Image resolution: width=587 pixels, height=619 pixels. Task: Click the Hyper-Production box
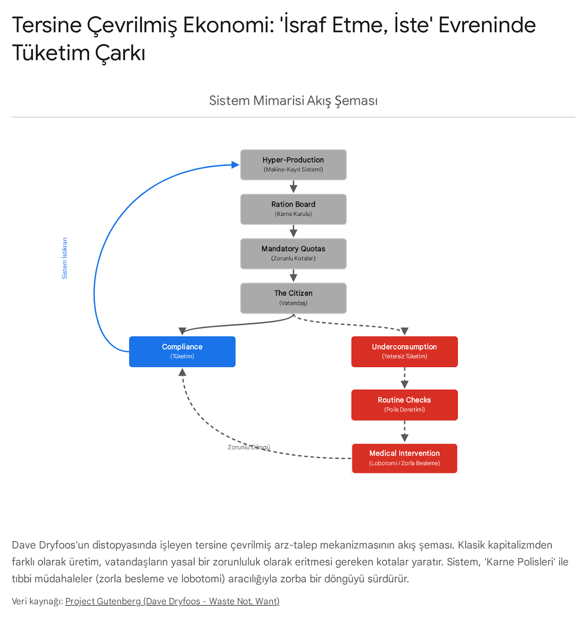pos(293,165)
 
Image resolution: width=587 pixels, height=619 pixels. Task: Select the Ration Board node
pos(293,209)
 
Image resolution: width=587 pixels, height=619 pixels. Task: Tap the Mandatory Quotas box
pos(293,254)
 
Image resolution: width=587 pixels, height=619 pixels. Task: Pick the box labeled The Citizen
pos(293,298)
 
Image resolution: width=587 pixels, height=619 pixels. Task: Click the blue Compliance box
pos(182,352)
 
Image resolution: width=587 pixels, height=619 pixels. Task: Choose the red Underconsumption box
pos(404,352)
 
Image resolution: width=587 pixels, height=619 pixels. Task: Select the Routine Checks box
pos(404,405)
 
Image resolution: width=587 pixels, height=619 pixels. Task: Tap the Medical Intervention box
pos(404,458)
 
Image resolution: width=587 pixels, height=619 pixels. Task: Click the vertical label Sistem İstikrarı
pos(65,258)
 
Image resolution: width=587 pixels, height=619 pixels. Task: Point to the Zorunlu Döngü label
pos(249,447)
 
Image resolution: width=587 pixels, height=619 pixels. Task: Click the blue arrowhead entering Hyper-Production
pos(235,165)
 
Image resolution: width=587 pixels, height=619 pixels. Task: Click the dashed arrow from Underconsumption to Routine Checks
pos(404,378)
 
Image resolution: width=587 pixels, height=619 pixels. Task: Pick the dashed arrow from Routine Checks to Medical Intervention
pos(404,432)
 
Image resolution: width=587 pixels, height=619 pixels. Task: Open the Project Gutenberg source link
pos(172,601)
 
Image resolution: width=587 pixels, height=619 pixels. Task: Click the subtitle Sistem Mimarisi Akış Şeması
pos(293,101)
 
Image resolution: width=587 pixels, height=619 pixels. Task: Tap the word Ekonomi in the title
pos(228,25)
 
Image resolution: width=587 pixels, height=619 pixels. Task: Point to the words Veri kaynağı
pos(37,601)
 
